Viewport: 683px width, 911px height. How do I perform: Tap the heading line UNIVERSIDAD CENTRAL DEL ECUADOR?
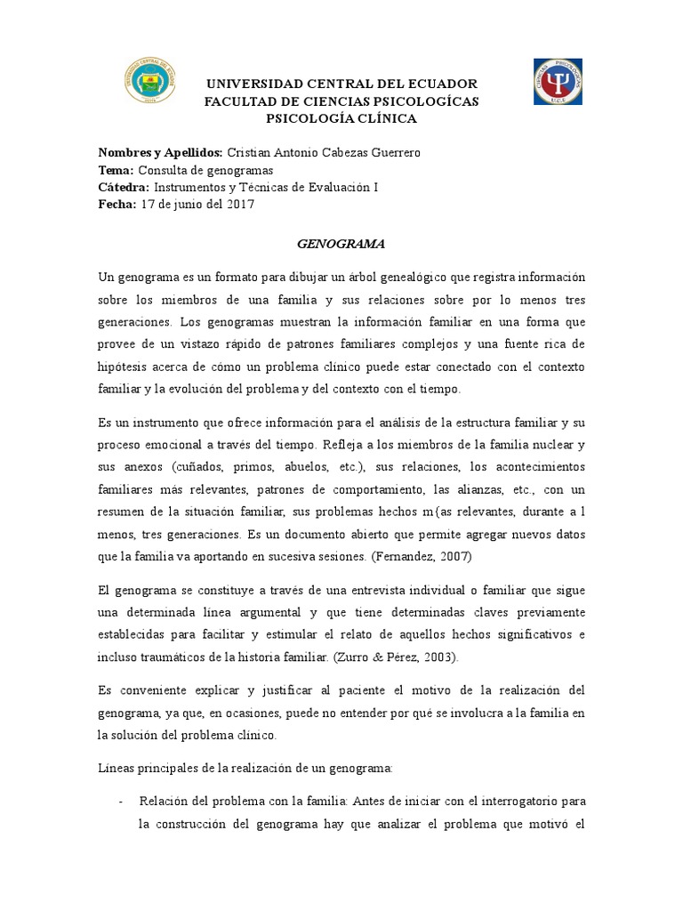pyautogui.click(x=341, y=84)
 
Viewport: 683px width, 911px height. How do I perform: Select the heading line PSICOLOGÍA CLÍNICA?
pyautogui.click(x=341, y=118)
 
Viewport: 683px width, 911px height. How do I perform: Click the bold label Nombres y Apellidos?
pyautogui.click(x=160, y=152)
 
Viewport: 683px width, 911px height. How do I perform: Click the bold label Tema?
pyautogui.click(x=116, y=170)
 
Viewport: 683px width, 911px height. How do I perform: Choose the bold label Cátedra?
pyautogui.click(x=124, y=187)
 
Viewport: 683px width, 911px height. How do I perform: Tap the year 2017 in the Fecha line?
pyautogui.click(x=240, y=204)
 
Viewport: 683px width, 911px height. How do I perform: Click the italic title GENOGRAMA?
pyautogui.click(x=341, y=243)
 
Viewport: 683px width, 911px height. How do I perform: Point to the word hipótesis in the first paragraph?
pyautogui.click(x=125, y=367)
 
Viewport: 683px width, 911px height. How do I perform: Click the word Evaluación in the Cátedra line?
pyautogui.click(x=333, y=187)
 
